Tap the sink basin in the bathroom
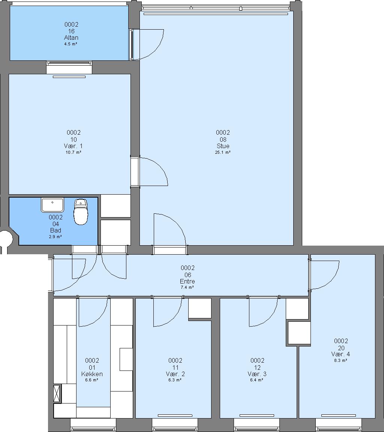point(52,205)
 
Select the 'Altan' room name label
point(71,37)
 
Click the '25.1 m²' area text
point(223,152)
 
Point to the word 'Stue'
point(223,146)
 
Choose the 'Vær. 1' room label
point(73,146)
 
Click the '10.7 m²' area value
point(73,152)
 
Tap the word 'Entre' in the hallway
point(187,281)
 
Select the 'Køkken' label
point(92,374)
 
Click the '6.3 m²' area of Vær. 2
point(175,380)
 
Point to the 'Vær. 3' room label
point(257,374)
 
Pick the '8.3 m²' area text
point(341,360)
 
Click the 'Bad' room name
point(55,230)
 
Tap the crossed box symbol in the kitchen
point(57,393)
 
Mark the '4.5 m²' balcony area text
point(71,44)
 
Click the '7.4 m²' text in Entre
point(187,287)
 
